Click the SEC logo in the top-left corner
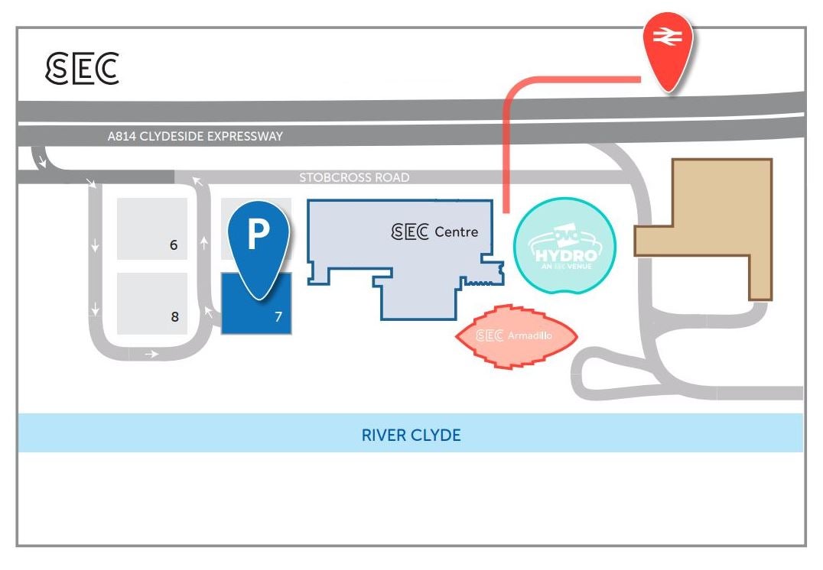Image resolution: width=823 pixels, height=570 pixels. (x=82, y=68)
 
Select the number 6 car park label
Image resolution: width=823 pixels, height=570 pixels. (x=174, y=245)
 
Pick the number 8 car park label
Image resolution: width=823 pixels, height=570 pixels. (x=174, y=316)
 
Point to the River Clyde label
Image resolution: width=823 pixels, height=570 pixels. (x=411, y=436)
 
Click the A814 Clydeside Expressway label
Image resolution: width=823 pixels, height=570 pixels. (x=195, y=137)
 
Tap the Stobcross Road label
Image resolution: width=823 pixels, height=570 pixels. (x=354, y=177)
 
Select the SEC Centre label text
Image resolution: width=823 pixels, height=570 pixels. (x=434, y=232)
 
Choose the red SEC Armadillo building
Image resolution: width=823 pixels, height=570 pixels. (x=515, y=336)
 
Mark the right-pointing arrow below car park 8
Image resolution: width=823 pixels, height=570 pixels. (x=151, y=354)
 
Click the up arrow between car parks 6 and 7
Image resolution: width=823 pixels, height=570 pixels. (x=204, y=243)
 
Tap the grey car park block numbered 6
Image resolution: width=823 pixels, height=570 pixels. (x=151, y=228)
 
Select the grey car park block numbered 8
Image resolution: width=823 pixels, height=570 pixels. (x=151, y=302)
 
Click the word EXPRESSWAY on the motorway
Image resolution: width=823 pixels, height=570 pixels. (x=244, y=137)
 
